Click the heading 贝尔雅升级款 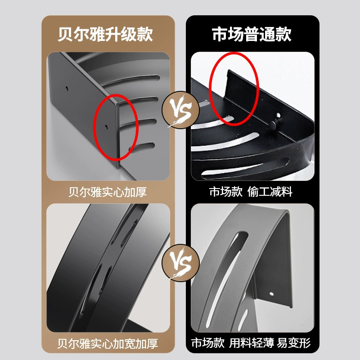tap(105, 35)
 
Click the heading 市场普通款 tap(252, 35)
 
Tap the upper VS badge tap(180, 110)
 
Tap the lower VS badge tap(180, 263)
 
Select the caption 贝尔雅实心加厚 tap(108, 192)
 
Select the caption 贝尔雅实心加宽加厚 tap(108, 343)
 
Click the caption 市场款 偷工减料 tap(251, 192)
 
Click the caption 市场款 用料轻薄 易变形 tap(251, 343)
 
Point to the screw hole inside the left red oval tap(106, 126)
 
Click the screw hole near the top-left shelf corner tap(67, 88)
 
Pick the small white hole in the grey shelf tap(272, 294)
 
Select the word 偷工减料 tap(270, 192)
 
